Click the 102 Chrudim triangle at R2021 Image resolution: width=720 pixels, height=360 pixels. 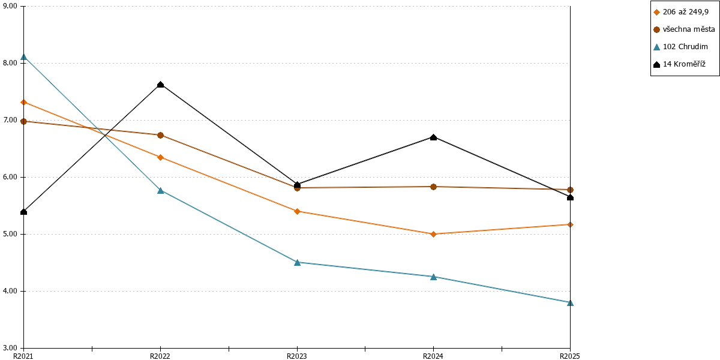[23, 57]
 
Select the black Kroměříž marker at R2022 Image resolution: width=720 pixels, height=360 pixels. [160, 85]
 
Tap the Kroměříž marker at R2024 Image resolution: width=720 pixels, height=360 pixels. [433, 137]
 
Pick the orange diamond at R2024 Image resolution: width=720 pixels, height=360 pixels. [433, 234]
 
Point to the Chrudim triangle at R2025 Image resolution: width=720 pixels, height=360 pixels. [570, 303]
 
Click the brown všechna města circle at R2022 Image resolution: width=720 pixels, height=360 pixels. [160, 136]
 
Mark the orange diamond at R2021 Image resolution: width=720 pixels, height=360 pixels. [23, 102]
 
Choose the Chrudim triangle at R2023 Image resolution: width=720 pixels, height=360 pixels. [298, 263]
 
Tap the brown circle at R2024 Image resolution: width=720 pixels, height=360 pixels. [433, 187]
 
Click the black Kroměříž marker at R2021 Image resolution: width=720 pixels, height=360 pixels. [23, 212]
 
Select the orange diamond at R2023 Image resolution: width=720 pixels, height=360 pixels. [298, 211]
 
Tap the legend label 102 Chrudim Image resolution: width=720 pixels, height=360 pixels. [685, 47]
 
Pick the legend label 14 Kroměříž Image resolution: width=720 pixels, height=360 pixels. [684, 64]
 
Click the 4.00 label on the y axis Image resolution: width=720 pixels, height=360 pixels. [10, 291]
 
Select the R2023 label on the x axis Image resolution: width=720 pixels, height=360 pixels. [296, 356]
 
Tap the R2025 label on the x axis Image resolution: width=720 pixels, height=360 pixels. [569, 356]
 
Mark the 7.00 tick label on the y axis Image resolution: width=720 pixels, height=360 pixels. [10, 120]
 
